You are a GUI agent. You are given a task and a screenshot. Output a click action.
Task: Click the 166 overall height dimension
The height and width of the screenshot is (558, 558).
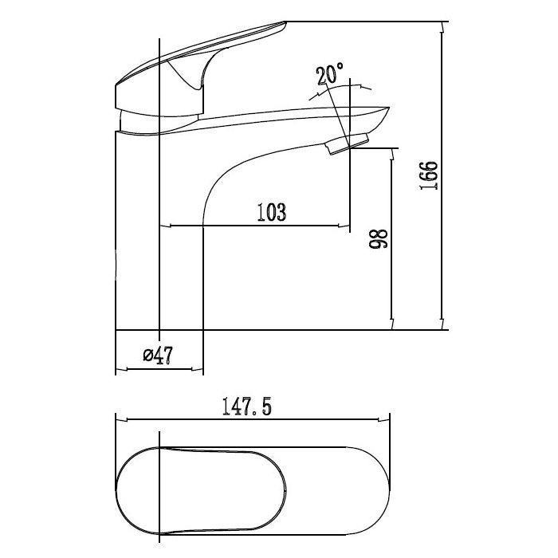point(429,176)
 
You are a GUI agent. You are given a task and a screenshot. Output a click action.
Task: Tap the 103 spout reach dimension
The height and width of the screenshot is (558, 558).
point(272,212)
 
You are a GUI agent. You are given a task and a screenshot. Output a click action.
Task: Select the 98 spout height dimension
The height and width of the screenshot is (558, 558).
point(379,238)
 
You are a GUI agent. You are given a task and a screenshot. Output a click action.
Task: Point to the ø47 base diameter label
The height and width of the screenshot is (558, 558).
point(158,356)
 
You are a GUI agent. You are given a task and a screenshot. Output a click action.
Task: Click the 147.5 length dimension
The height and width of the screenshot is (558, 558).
point(246,407)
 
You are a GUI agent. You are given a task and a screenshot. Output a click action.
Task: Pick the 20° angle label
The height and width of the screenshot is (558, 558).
point(330,73)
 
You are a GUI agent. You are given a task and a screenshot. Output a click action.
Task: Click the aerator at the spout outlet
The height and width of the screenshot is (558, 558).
point(348,143)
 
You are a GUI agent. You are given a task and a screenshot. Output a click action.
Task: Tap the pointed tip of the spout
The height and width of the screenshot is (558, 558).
point(389,108)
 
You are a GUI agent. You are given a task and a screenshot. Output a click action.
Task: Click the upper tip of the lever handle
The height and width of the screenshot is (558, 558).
point(285,23)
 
